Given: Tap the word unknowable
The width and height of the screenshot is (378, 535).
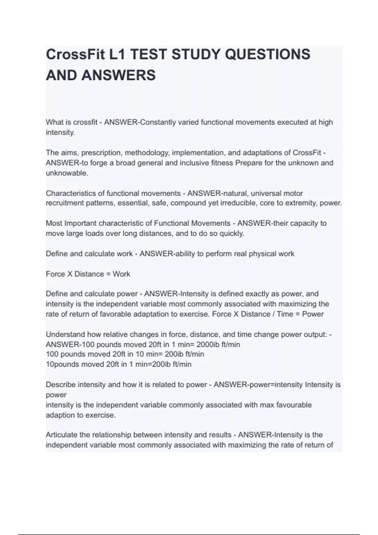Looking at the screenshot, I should [67, 173].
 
